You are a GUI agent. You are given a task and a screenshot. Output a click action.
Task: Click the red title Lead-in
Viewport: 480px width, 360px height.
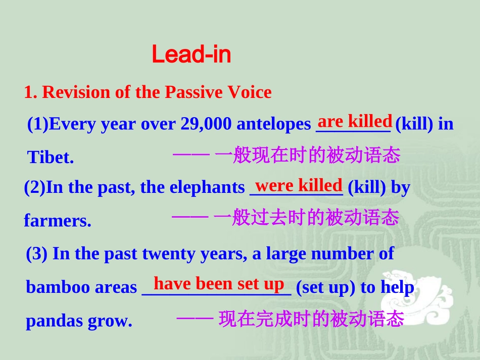(191, 55)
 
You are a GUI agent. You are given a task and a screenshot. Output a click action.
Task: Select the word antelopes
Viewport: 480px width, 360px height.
(273, 124)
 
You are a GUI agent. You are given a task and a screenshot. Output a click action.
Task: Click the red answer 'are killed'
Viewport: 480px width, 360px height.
(355, 121)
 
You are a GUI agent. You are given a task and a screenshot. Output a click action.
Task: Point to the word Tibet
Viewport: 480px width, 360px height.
(51, 158)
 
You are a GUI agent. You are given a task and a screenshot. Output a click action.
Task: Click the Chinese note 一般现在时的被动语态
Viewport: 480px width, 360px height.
(307, 155)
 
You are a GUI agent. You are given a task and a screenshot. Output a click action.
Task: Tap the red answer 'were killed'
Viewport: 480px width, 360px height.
(299, 185)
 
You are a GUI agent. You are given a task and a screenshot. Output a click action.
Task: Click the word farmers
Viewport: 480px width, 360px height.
(58, 221)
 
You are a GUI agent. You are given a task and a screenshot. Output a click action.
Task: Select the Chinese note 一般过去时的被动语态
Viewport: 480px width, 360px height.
(306, 218)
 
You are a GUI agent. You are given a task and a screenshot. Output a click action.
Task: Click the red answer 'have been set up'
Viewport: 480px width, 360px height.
(219, 284)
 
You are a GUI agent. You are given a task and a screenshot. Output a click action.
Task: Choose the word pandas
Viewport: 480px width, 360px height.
(49, 321)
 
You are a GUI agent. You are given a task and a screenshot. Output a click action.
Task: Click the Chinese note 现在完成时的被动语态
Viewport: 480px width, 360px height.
(311, 319)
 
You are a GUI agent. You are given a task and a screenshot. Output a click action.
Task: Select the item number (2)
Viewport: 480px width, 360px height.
(34, 188)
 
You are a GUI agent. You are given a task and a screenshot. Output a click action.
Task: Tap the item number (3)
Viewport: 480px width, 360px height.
(36, 253)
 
